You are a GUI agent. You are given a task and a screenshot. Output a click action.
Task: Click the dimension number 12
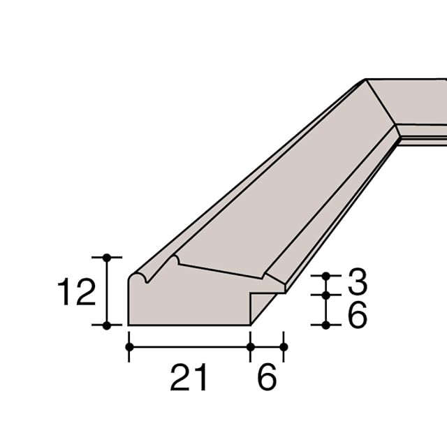[76, 292]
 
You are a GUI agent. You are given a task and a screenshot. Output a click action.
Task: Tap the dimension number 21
[188, 377]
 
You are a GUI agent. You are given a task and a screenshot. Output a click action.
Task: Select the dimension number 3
[357, 281]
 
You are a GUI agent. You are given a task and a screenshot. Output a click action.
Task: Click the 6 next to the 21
[267, 377]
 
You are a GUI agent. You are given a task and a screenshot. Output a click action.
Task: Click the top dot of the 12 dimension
[107, 258]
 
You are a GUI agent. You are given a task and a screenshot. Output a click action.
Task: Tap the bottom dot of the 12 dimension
[107, 325]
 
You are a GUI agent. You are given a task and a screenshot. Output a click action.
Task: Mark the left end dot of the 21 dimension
[129, 347]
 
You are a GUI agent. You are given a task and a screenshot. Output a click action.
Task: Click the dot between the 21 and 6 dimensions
[250, 347]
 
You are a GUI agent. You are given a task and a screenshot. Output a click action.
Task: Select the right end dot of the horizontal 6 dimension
[284, 347]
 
